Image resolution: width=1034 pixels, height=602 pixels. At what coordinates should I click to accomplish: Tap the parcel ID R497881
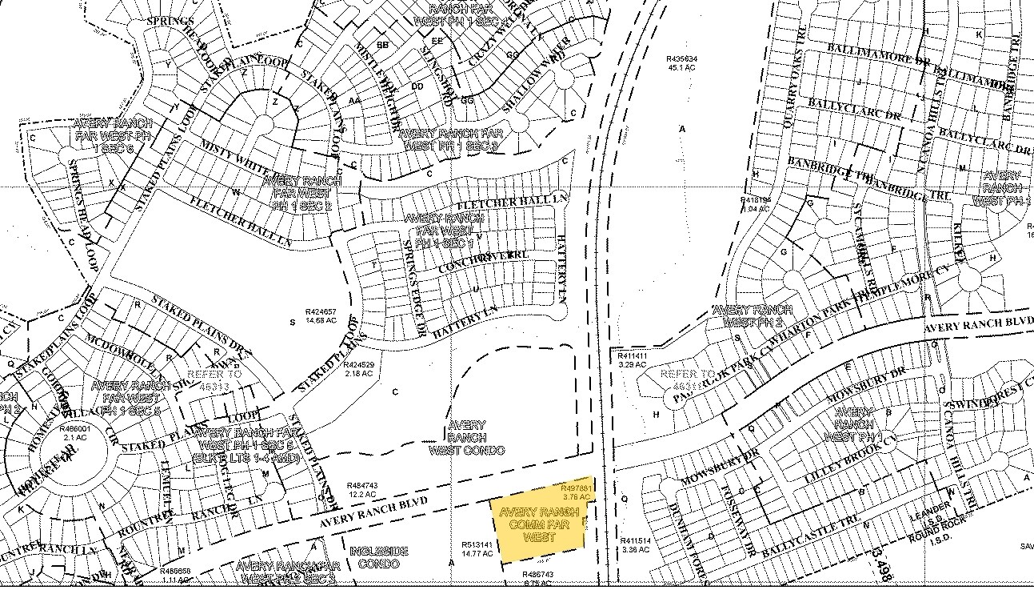point(576,488)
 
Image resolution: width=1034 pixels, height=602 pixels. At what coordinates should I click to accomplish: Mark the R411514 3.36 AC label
point(636,545)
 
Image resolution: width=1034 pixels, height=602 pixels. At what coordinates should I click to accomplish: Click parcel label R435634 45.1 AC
point(682,63)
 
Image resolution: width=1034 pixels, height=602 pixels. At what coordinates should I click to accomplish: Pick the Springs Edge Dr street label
point(414,287)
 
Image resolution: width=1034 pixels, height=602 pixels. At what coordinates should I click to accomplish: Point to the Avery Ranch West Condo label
point(466,437)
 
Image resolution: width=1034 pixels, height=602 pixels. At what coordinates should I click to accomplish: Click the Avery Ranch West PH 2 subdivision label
point(752,315)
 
